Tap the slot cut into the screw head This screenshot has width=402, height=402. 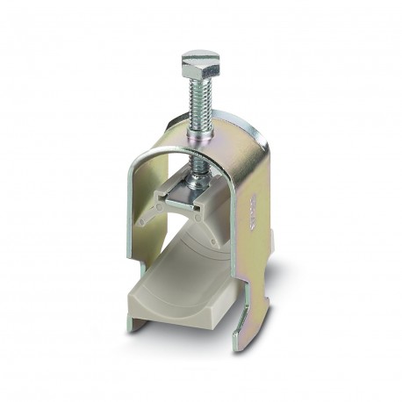point(201,55)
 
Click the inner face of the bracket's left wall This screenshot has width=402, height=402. point(147,211)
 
